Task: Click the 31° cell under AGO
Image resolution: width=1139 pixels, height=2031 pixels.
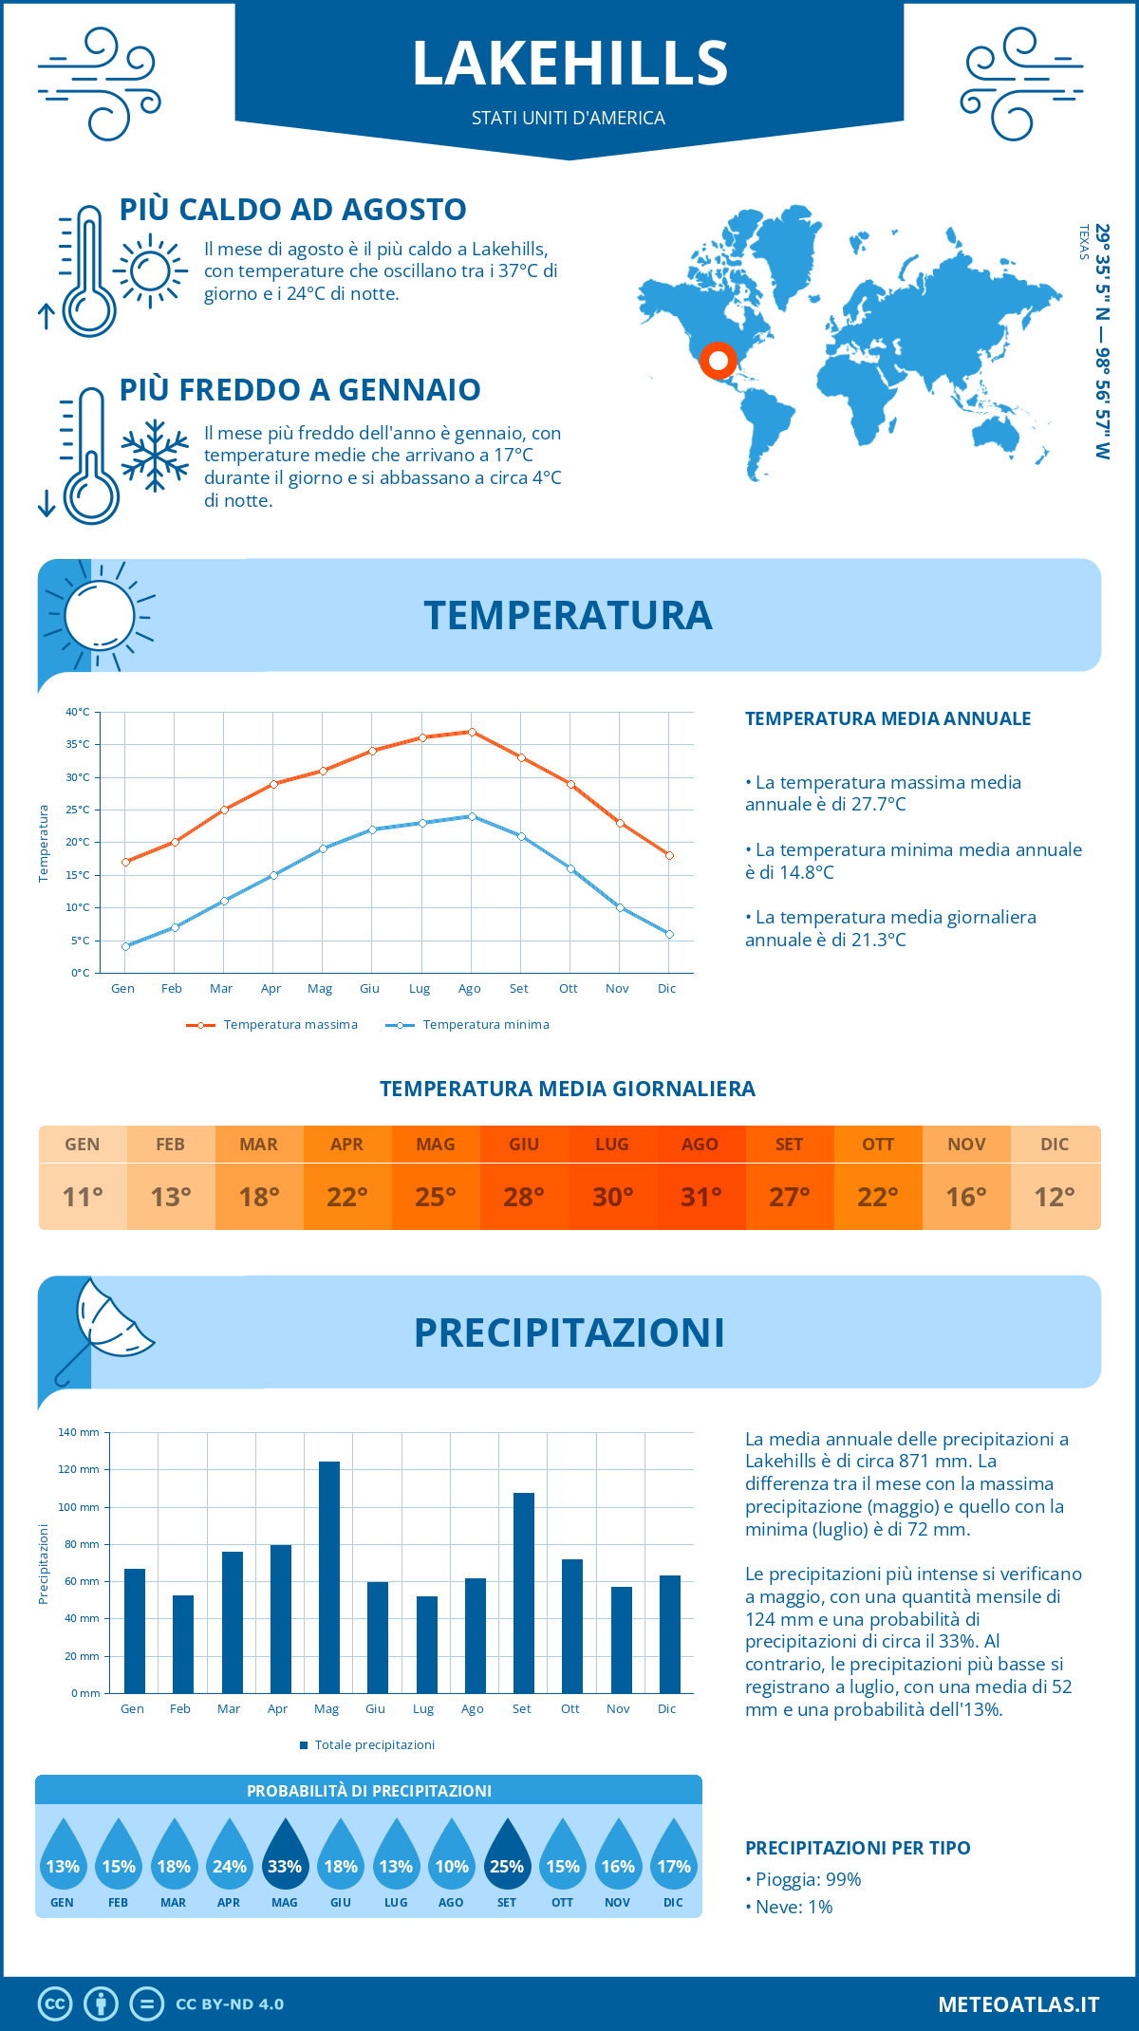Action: click(x=700, y=1196)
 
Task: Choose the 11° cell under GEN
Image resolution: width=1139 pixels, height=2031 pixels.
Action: click(x=83, y=1196)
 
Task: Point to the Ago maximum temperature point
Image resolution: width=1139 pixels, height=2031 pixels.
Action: click(x=472, y=732)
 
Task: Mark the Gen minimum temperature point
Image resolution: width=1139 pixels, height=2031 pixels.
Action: click(x=125, y=946)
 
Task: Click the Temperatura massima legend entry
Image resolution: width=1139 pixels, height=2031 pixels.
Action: click(x=272, y=1025)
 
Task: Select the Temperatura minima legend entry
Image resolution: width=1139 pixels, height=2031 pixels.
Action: click(x=468, y=1025)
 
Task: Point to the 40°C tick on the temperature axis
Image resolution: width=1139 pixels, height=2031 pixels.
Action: click(x=78, y=712)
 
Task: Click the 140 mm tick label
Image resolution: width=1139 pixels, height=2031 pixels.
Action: click(x=79, y=1432)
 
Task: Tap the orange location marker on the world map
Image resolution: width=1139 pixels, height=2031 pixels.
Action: click(x=719, y=361)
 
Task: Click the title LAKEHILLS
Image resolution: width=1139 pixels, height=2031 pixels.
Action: click(x=569, y=64)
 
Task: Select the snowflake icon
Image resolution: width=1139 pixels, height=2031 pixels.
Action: click(x=155, y=456)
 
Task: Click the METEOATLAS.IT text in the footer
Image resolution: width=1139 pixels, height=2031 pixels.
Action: click(x=1018, y=2003)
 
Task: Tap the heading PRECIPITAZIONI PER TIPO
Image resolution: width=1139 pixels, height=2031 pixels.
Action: click(x=857, y=1847)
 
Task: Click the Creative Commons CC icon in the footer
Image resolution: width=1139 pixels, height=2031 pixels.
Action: click(x=55, y=2003)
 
